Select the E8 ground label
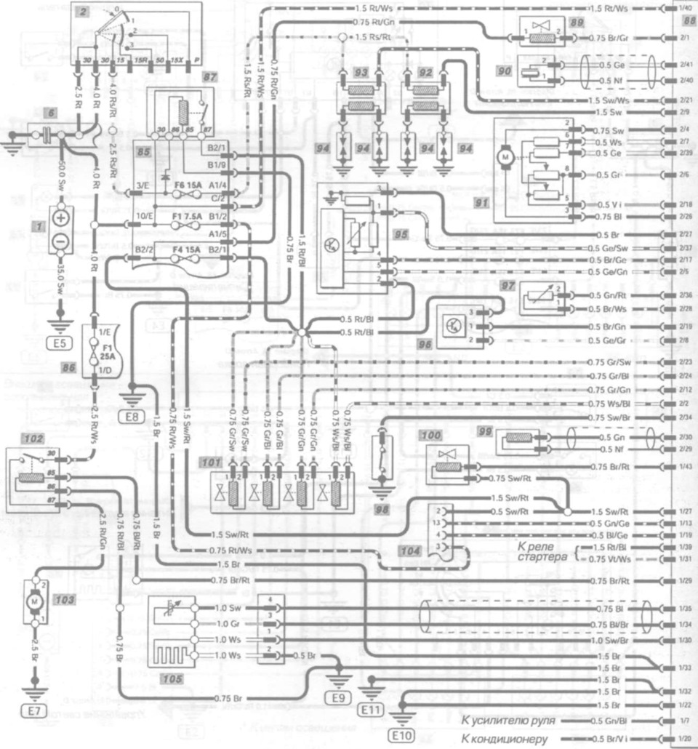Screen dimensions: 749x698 (131, 416)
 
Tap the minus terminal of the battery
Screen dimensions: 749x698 (61, 241)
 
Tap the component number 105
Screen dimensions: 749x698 (173, 678)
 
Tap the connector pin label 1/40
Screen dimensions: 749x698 (684, 8)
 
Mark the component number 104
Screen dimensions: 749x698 (410, 552)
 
